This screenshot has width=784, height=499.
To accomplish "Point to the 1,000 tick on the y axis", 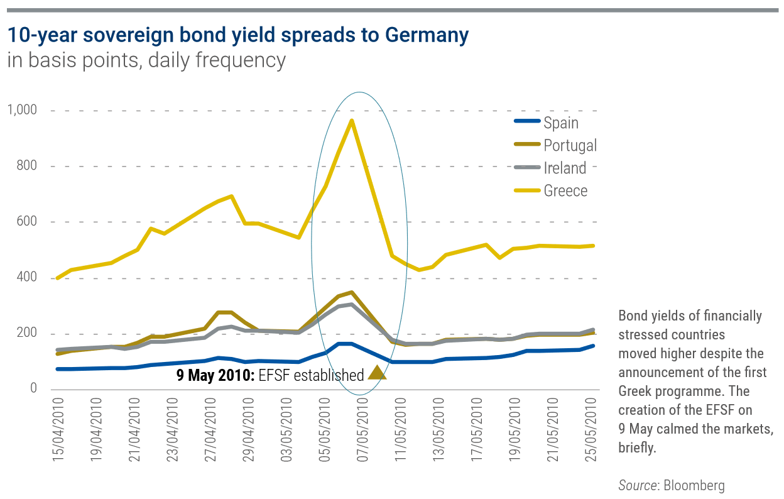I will (23, 111).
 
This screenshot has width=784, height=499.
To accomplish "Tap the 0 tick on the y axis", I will (33, 389).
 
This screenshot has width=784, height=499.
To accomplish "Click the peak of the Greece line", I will (352, 121).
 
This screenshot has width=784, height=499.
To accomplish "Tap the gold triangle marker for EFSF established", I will (376, 373).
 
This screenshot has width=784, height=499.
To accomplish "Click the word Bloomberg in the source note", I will (696, 485).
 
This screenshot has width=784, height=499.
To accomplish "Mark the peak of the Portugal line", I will (352, 292).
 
